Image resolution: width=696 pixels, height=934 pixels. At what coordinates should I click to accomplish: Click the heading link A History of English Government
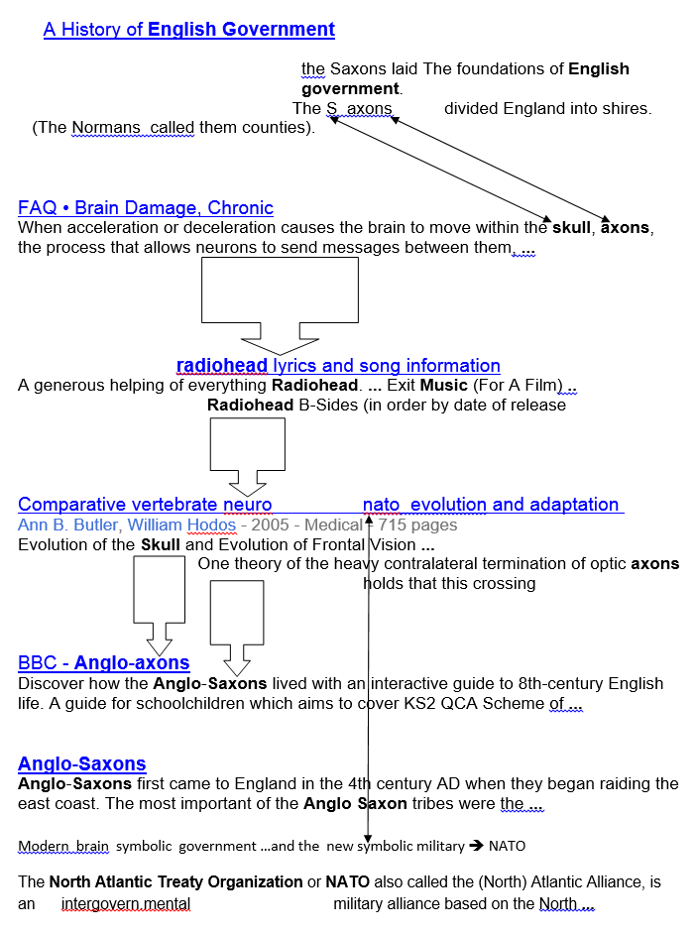click(188, 30)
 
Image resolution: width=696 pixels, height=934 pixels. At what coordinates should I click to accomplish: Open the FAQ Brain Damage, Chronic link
click(146, 208)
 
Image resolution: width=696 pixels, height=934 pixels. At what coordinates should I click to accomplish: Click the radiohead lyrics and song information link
click(338, 366)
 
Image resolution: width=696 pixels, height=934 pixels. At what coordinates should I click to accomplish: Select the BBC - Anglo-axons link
click(104, 663)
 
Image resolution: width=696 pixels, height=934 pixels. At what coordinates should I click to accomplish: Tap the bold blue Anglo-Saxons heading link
click(82, 764)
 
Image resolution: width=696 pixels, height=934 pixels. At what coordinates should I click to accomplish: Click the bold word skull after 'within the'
click(571, 227)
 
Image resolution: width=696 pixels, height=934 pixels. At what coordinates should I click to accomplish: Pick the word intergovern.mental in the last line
click(126, 904)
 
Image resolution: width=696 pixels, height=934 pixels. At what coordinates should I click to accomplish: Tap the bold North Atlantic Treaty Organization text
click(176, 882)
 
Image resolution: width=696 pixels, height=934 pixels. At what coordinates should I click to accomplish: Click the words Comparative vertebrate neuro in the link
click(145, 505)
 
